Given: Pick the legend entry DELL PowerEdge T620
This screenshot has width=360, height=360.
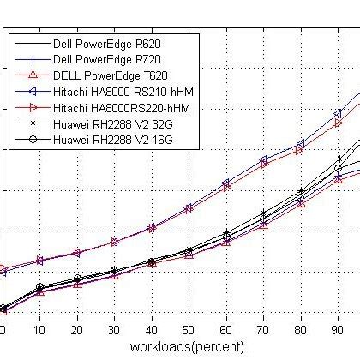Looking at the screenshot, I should click(108, 75).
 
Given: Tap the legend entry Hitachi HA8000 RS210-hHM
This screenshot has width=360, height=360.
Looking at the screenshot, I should click(122, 91).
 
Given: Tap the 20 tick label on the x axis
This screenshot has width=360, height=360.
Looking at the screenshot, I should click(77, 328).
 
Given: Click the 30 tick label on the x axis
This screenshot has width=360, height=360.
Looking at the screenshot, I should click(114, 328).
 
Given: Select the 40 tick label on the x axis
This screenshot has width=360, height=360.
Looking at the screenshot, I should click(152, 328).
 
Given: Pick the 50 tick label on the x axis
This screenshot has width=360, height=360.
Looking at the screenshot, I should click(189, 328).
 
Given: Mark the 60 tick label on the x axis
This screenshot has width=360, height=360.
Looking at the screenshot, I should click(226, 328).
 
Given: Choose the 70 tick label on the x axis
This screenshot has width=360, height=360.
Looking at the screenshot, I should click(263, 328).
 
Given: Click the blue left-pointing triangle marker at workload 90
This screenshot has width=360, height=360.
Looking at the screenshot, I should click(338, 113).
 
